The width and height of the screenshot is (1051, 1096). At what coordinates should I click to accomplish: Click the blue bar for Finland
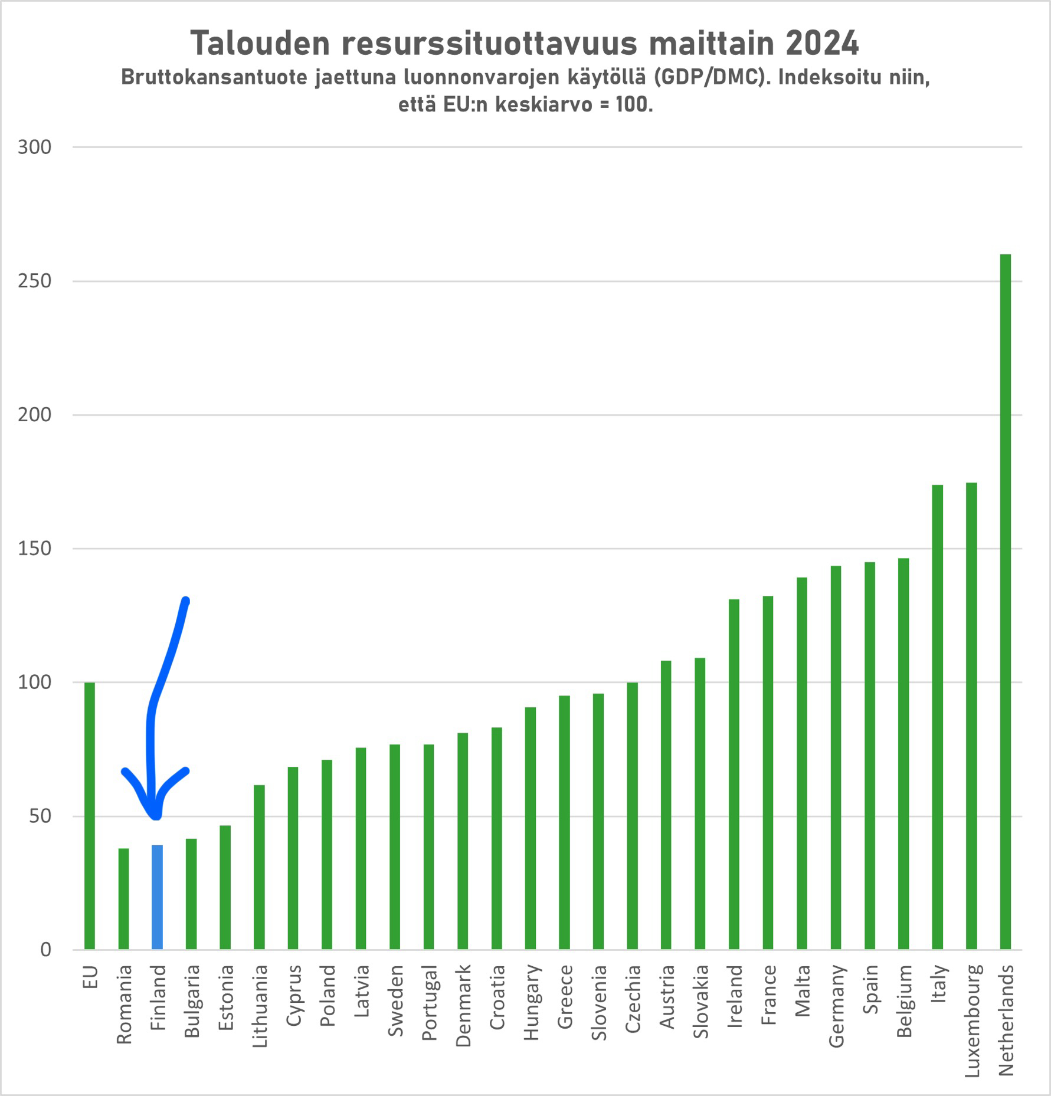tap(158, 897)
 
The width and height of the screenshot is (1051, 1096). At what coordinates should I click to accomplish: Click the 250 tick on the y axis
tap(35, 281)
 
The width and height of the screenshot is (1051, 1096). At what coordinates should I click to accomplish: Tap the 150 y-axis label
tap(35, 549)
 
